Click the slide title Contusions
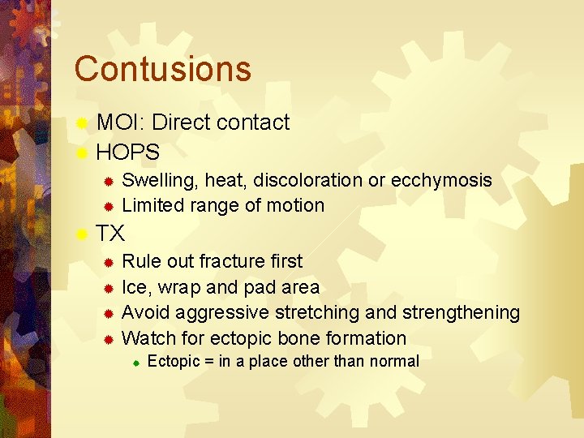click(x=162, y=69)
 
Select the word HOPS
click(x=128, y=152)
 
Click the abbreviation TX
click(x=110, y=234)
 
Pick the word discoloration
click(x=311, y=180)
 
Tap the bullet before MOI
click(x=81, y=124)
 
